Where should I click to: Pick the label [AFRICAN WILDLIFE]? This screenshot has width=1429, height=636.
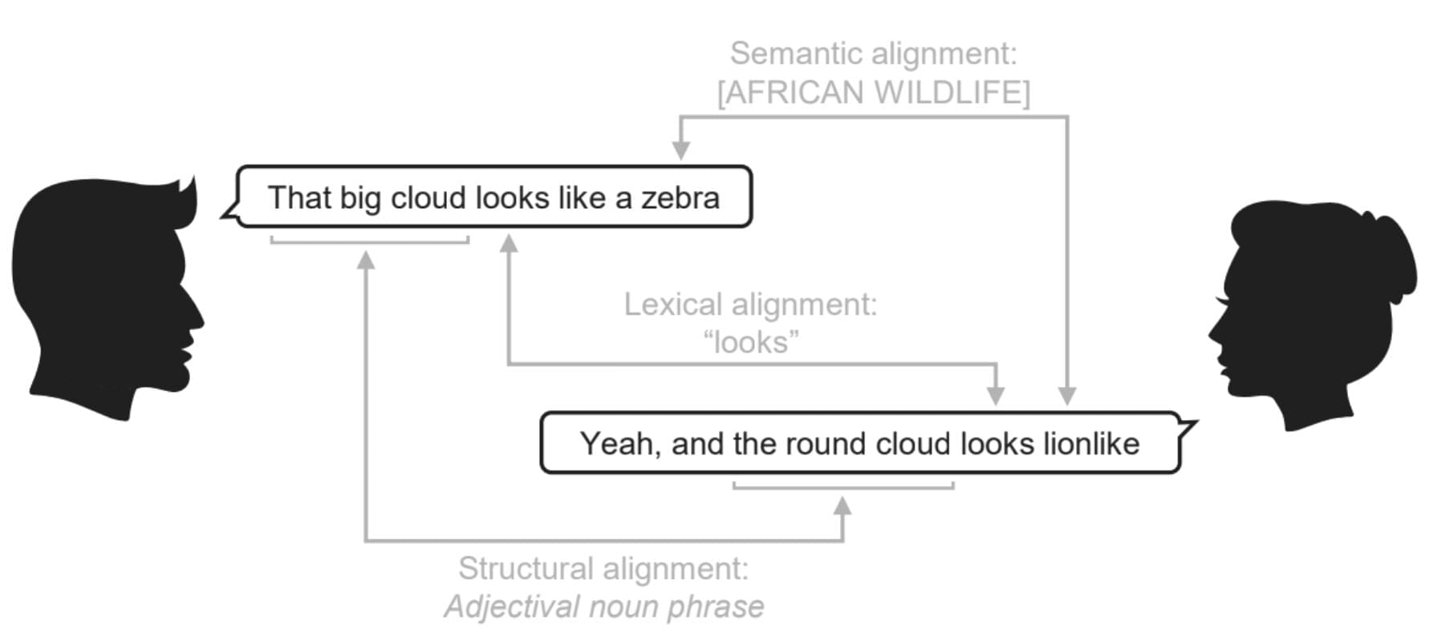pos(874,92)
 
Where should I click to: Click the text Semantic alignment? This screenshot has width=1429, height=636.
pos(874,54)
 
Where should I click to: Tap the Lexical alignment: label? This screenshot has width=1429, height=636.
pos(751,304)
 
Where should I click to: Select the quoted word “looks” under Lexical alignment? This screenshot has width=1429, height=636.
pos(751,342)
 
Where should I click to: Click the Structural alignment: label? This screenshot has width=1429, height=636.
pos(603,568)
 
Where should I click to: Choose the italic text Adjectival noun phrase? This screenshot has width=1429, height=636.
pos(604,606)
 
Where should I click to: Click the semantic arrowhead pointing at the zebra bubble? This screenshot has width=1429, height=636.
pos(680,150)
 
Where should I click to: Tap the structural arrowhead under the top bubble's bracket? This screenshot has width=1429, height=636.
pos(366,260)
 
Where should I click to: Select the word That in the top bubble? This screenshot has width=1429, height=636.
pos(299,198)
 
